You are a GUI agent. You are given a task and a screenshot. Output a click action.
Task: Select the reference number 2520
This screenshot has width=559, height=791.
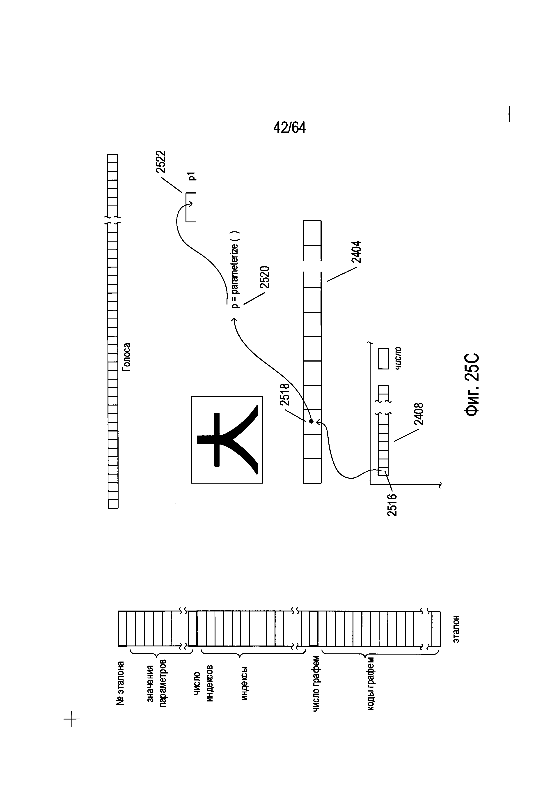(264, 277)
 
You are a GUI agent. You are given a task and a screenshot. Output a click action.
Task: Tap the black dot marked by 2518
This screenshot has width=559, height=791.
(311, 421)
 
